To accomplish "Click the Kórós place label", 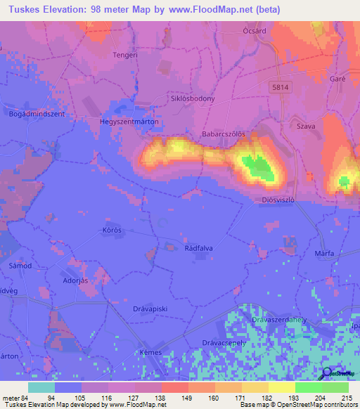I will coord(112,231).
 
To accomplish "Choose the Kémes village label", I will coord(150,352).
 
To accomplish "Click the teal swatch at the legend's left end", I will coord(41,387).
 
